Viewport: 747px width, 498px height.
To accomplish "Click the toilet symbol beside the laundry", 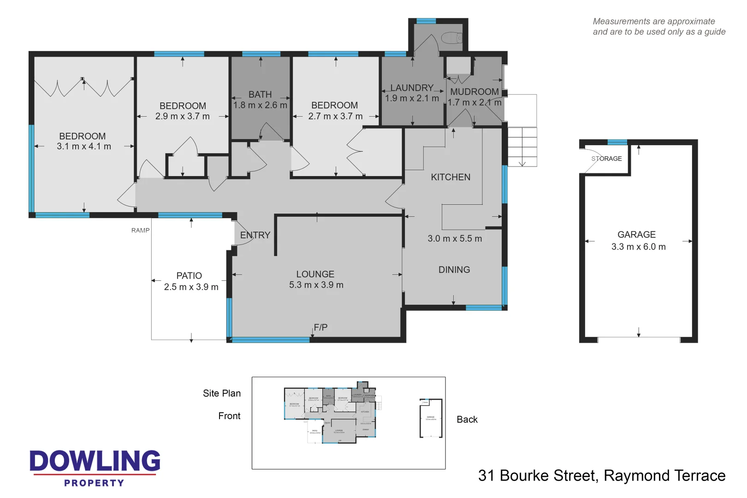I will coord(451,37).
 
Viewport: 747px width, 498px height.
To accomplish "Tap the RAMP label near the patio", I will coord(140,230).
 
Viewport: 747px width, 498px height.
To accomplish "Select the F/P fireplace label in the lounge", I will coord(320,327).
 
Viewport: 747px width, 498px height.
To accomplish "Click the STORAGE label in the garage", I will coord(606,159).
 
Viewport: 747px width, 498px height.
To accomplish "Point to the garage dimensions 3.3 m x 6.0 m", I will coord(638,247).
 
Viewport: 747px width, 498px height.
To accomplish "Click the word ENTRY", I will coord(255,235).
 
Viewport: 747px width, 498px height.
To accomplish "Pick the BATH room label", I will coord(260,95).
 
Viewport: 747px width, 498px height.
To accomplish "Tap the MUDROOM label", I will coord(474,92).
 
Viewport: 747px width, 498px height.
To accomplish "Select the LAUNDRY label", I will coord(412,88).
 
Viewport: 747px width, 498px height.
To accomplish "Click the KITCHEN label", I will coord(451,177).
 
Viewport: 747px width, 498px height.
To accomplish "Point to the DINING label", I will coord(454,270).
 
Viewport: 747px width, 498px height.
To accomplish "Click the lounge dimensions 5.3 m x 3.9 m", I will coord(316,285).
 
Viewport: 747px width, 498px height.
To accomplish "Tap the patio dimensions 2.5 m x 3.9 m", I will coord(191,287).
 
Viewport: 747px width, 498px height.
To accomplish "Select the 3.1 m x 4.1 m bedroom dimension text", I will coord(84,146).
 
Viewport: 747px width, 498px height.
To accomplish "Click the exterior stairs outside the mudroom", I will coord(522,147).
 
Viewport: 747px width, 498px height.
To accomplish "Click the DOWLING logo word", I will coord(95,461).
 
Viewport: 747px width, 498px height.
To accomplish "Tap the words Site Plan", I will coord(222,393).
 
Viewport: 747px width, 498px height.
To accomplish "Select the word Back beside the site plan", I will coord(467,420).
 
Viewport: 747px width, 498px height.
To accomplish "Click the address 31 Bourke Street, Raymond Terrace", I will coord(601,475).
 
